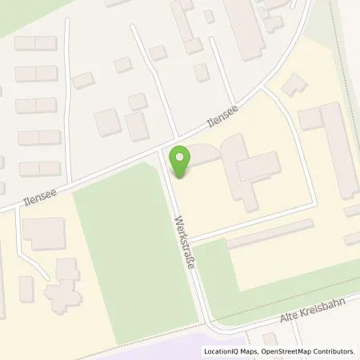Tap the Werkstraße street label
click(x=185, y=241)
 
